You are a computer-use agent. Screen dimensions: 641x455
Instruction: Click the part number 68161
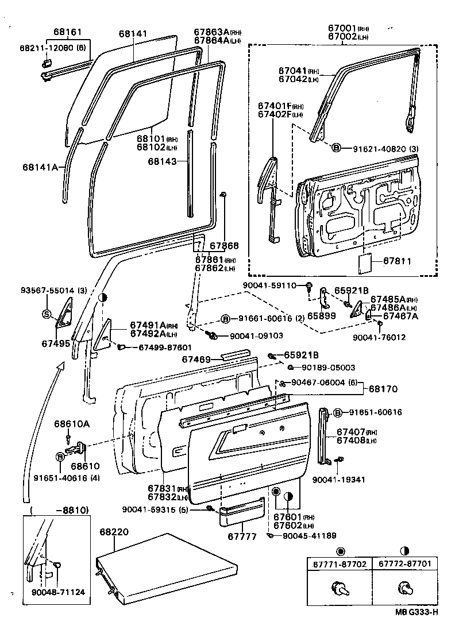click(68, 33)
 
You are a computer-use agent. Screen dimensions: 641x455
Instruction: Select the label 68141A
click(40, 167)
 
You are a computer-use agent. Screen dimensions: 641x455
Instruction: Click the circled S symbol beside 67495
click(47, 314)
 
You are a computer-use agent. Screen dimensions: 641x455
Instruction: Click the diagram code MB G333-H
click(417, 627)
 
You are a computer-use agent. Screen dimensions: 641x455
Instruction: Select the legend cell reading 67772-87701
click(404, 565)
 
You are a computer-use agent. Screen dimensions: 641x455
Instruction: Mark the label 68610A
click(72, 424)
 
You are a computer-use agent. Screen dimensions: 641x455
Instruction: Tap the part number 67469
click(196, 360)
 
